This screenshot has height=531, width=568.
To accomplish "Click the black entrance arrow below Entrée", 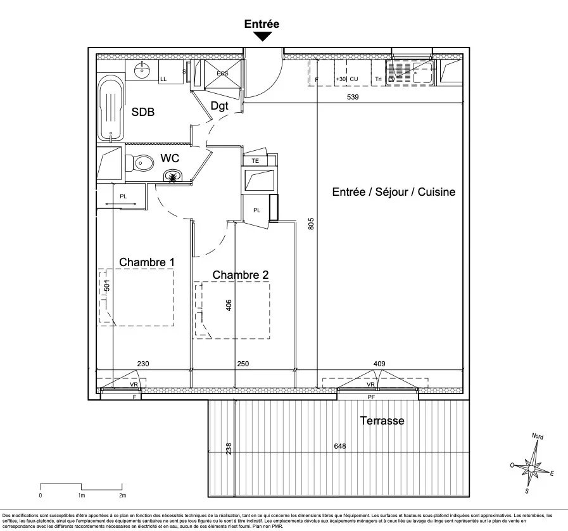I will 262,37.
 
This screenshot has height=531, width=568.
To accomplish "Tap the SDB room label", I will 142,112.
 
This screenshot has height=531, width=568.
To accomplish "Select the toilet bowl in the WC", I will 142,164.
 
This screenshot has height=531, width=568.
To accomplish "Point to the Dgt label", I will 219,106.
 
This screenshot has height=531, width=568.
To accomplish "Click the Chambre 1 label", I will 147,262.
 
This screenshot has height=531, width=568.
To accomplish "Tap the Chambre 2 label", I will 240,274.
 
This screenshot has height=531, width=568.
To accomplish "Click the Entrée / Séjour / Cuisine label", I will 393,192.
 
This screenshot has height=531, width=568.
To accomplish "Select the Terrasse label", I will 382,420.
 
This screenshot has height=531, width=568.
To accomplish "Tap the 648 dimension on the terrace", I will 340,447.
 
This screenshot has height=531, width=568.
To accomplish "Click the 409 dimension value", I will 379,364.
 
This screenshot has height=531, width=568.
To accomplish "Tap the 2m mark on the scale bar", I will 122,495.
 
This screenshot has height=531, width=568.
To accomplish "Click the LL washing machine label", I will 163,79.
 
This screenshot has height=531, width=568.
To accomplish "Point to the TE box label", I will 256,160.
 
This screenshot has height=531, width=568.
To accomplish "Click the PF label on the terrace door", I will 371,397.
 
